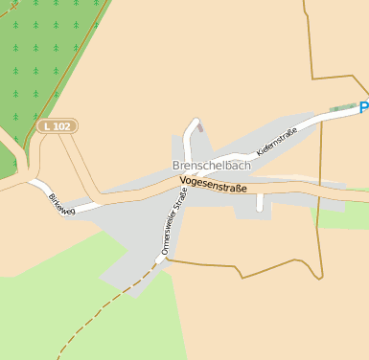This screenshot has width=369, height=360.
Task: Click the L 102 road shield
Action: coord(58,125)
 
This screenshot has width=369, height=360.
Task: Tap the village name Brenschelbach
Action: coord(212,165)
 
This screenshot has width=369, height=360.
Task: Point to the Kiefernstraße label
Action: coord(278,140)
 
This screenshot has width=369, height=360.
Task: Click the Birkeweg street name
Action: coord(60,204)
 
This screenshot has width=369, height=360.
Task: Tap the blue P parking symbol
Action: coord(364,108)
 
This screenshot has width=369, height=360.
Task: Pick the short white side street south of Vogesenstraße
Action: coord(259,202)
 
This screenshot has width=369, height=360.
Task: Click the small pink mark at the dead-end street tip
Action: coord(199,126)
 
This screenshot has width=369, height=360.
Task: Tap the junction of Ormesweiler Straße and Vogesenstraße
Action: coord(186,188)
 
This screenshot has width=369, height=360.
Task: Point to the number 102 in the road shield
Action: coord(62,125)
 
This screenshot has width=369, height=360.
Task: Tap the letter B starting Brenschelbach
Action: coord(176,165)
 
